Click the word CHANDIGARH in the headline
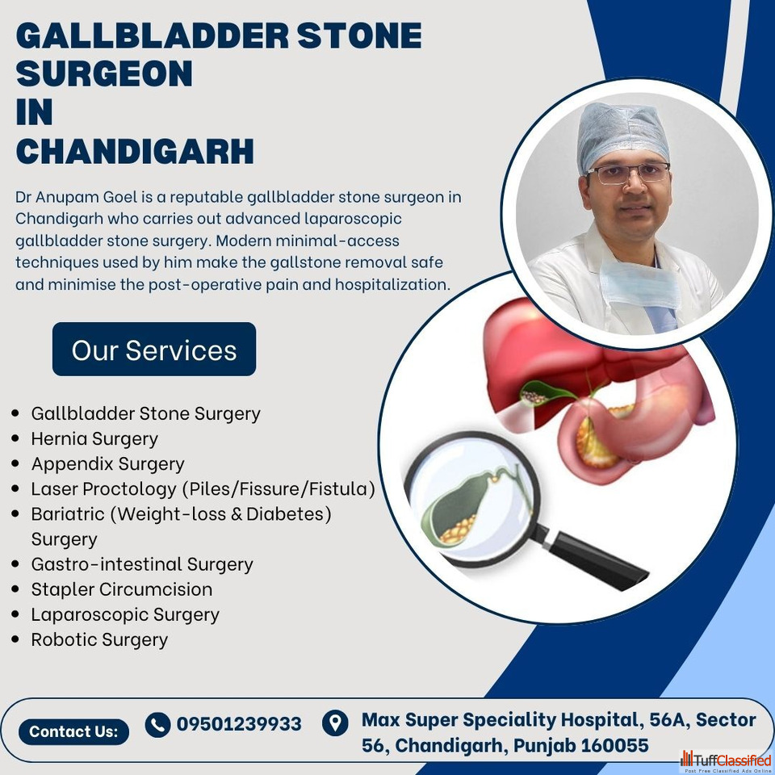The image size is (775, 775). point(135,151)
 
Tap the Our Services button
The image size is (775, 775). point(154,349)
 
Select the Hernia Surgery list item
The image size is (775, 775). point(94,438)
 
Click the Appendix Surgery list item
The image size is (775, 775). point(107,463)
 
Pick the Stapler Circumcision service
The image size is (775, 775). point(122,589)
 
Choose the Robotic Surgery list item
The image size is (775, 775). point(99,639)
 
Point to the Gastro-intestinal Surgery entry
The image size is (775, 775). point(142,564)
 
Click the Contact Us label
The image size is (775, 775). point(73,731)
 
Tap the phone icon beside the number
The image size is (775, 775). point(157,725)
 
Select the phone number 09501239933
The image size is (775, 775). point(239,724)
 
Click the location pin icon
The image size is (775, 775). point(335,723)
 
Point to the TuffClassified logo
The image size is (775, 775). point(726,761)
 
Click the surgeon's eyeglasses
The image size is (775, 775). point(628,173)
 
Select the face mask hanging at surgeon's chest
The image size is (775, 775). point(640,283)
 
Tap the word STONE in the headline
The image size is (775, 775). point(359,36)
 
